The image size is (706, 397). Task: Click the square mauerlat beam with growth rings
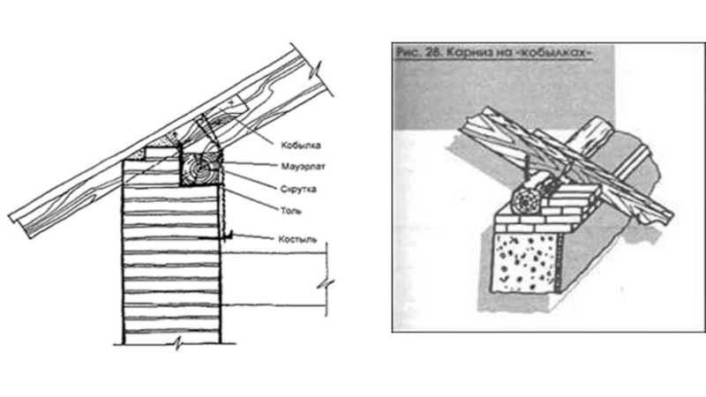tap(202, 168)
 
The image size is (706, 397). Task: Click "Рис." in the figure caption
tap(406, 53)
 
